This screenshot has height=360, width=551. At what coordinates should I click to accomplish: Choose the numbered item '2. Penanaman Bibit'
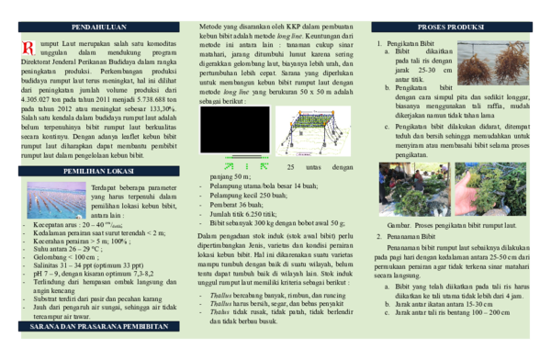[409, 236]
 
